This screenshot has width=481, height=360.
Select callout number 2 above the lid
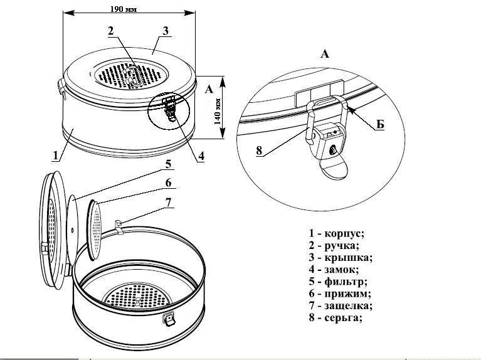[x=110, y=30]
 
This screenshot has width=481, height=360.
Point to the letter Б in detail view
[x=380, y=125]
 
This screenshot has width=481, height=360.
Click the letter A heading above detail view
[x=324, y=55]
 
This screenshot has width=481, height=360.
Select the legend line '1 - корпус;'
[x=333, y=233]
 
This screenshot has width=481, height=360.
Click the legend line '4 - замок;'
[x=332, y=269]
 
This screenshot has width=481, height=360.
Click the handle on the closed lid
[x=133, y=78]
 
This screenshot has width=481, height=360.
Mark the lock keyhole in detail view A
[x=332, y=149]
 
